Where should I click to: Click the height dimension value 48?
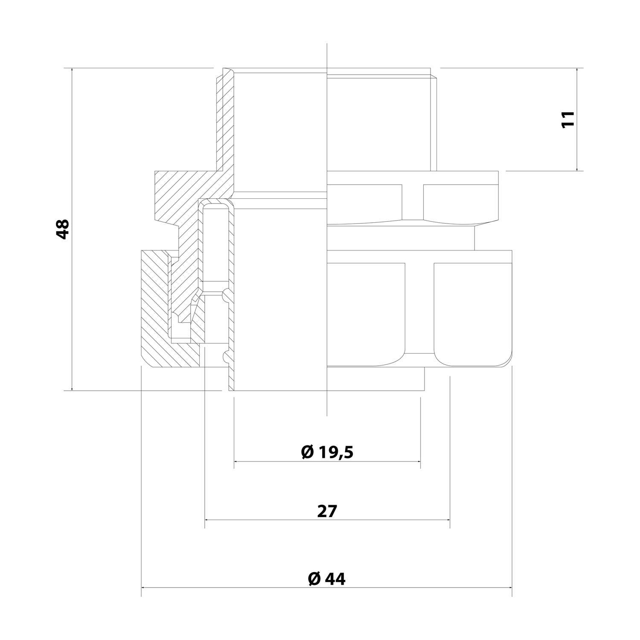[63, 229]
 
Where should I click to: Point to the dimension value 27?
[327, 511]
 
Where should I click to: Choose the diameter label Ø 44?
[326, 579]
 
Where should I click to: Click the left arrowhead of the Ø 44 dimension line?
[143, 588]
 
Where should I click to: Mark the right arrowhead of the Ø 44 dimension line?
[509, 588]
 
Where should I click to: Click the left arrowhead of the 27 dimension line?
[207, 520]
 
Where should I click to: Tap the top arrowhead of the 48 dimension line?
[73, 70]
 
